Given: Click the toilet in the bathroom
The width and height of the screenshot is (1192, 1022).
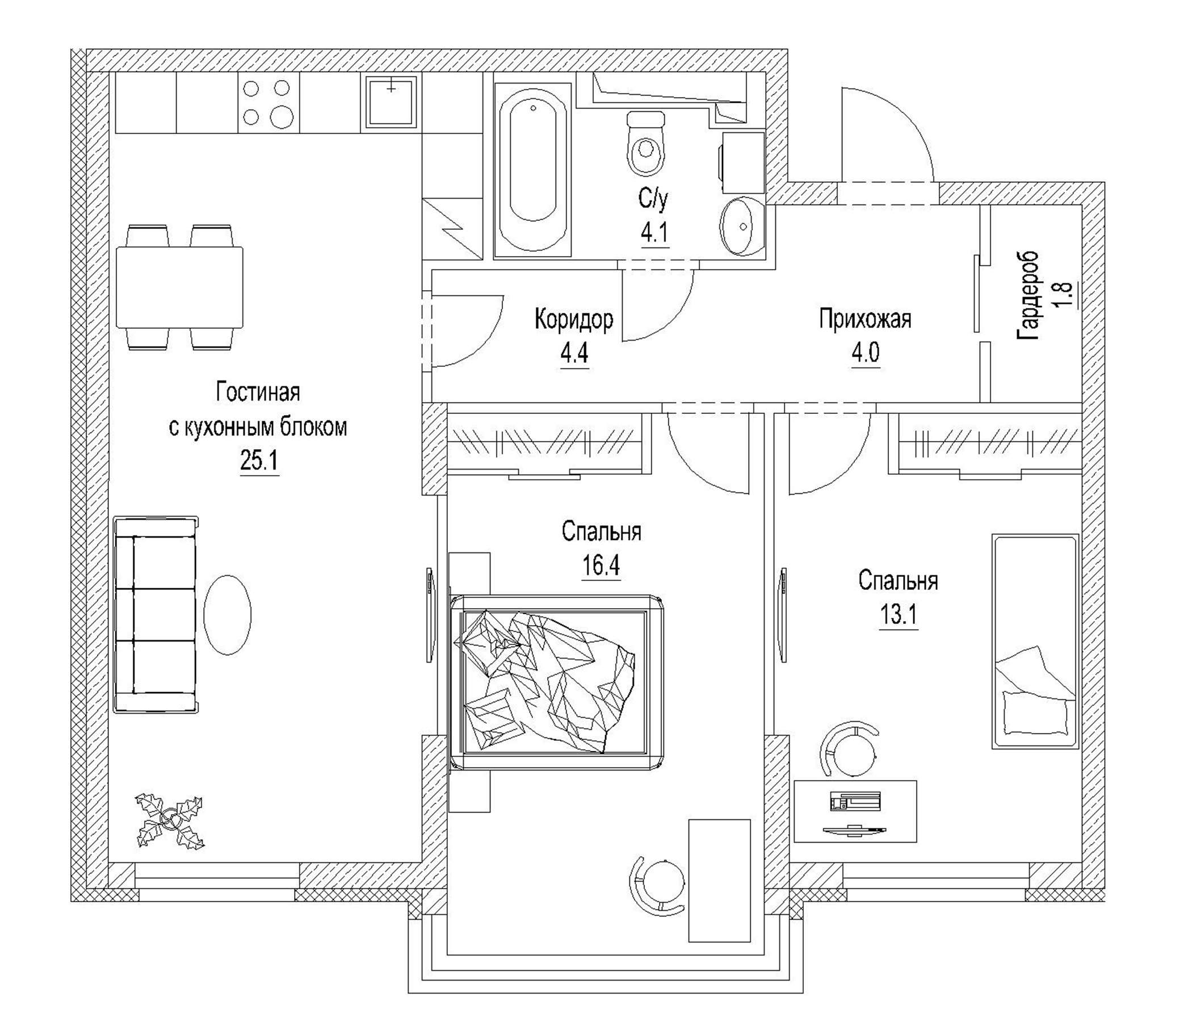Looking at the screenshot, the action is (647, 143).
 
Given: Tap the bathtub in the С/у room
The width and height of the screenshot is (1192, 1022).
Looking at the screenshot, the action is (533, 170).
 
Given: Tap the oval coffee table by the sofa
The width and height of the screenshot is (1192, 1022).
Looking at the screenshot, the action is (227, 614).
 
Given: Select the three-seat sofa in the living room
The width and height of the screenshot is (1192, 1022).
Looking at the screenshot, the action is (156, 614).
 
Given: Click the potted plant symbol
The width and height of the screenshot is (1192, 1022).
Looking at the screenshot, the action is (170, 820).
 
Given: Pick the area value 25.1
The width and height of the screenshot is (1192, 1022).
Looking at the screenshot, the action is (259, 460).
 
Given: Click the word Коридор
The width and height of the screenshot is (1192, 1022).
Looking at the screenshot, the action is (574, 319).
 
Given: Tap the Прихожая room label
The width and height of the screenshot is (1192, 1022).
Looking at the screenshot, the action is (865, 319).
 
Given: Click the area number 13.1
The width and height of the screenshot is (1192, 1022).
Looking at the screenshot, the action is (898, 615).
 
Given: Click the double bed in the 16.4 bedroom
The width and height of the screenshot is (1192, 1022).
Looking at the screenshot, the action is (557, 682).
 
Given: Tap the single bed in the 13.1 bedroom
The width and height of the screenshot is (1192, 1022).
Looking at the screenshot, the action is (1035, 641).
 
